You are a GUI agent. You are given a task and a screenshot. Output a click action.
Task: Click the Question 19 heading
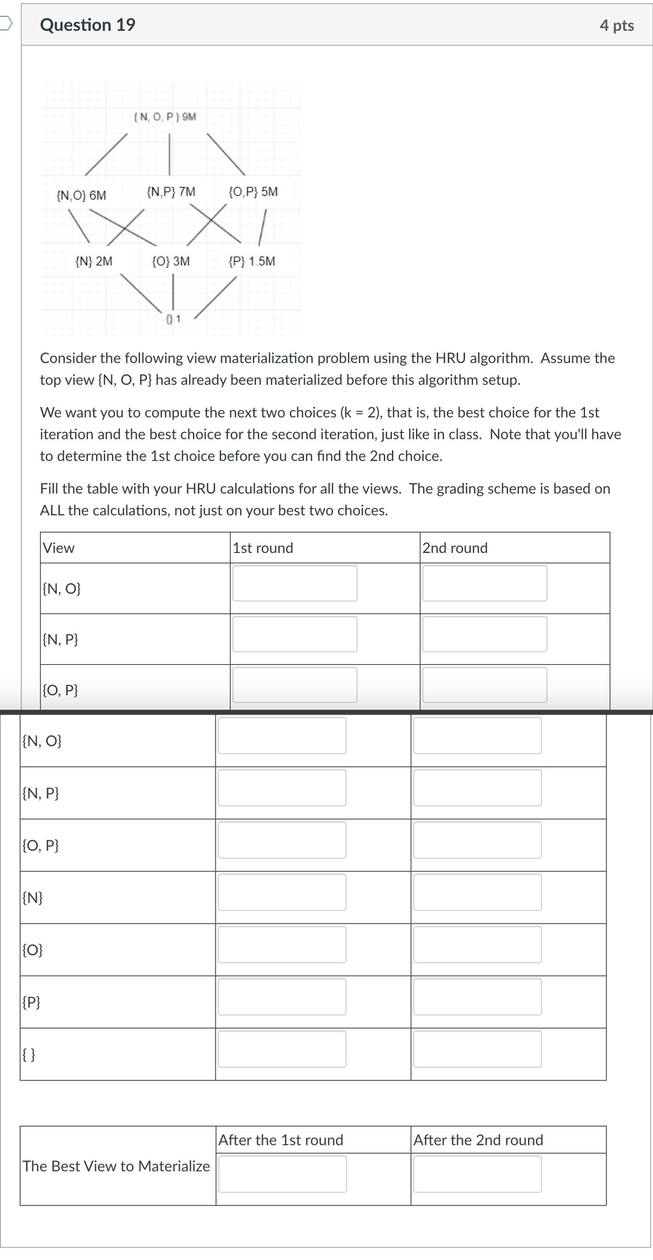pos(87,25)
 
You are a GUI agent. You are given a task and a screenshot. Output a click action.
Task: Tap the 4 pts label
pos(616,25)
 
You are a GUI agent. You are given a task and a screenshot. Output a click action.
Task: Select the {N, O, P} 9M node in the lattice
pos(165,117)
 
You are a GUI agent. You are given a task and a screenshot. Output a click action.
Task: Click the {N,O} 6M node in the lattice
pos(81,195)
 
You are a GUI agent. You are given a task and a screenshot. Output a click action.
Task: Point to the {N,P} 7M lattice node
pos(171,192)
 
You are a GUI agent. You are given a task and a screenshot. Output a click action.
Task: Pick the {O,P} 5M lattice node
pos(253,192)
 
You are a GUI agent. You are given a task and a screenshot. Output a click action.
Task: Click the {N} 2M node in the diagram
pos(94,261)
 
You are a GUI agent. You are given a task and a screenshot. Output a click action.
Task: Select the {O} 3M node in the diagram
pos(171,261)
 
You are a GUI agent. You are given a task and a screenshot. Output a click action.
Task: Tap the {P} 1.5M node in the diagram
pos(252,261)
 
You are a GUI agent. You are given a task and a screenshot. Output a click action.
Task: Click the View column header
pos(59,548)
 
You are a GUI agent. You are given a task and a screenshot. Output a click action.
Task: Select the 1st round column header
pos(263,548)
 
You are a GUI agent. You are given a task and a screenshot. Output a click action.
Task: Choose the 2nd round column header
pos(455,548)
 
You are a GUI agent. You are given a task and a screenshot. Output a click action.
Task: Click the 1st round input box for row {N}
pos(282,892)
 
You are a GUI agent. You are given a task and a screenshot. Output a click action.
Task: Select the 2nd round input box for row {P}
pos(477,996)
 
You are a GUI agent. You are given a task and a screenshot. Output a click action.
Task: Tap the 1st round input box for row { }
pos(282,1049)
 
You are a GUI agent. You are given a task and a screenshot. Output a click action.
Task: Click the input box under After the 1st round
pos(282,1174)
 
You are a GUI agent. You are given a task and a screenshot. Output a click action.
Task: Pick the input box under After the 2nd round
pos(477,1174)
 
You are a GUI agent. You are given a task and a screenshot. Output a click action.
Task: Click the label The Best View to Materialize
pos(116,1166)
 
